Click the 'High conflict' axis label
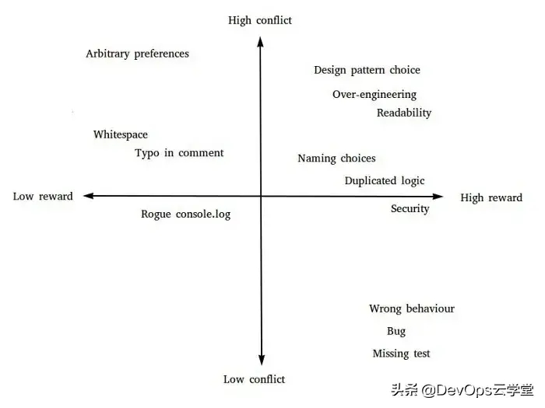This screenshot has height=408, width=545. [x=261, y=20]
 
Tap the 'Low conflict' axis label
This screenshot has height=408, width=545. [x=254, y=379]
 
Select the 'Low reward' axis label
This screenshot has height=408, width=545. [x=43, y=197]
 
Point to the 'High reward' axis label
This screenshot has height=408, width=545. [x=491, y=198]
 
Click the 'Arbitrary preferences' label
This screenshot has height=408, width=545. [x=137, y=54]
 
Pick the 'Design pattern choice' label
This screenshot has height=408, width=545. [x=367, y=70]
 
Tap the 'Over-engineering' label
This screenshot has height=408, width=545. [x=374, y=95]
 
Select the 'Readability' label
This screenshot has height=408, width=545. [x=403, y=113]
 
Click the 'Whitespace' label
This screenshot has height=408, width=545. [x=120, y=134]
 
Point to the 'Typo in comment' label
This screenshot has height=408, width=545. [x=179, y=153]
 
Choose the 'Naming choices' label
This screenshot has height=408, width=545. [x=336, y=159]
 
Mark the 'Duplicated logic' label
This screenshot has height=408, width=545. [x=385, y=181]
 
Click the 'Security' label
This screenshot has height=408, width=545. [x=410, y=208]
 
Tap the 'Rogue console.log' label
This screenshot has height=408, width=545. [x=186, y=214]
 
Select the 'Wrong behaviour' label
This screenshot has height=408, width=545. [x=411, y=309]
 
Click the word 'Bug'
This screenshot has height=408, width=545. [x=396, y=331]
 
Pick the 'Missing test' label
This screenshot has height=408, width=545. [x=401, y=354]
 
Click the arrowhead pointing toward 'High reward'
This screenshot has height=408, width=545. [x=438, y=197]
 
